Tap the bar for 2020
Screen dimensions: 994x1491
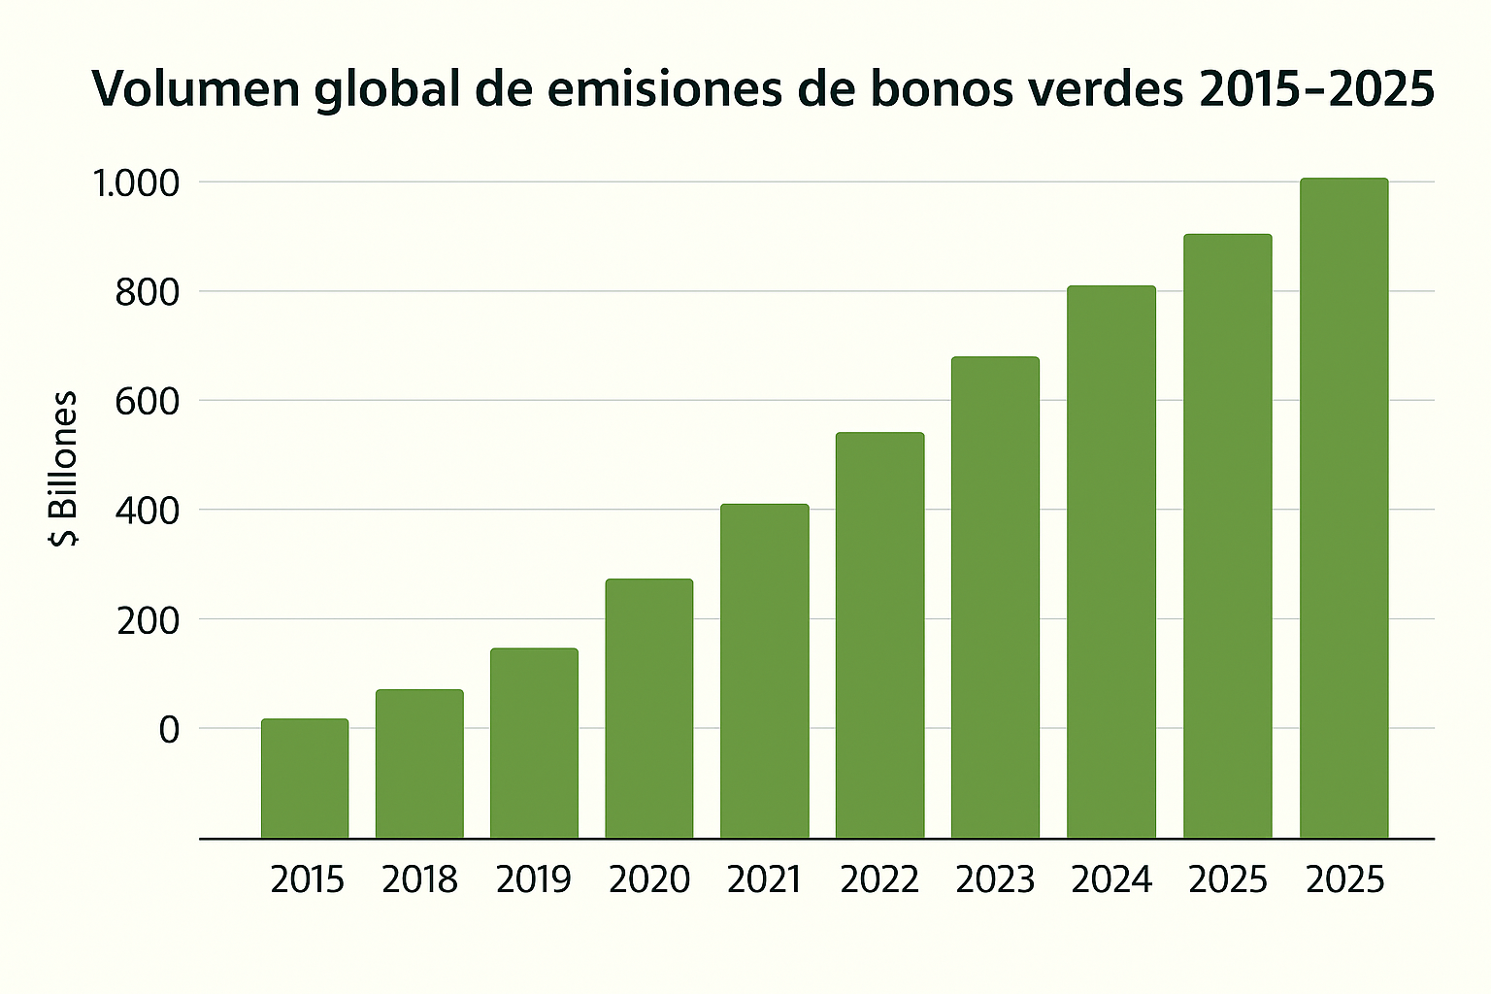click(649, 708)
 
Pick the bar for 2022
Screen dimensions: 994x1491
click(879, 635)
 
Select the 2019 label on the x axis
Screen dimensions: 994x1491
click(534, 879)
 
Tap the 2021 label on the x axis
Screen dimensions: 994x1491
click(764, 879)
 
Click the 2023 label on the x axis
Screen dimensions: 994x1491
click(995, 879)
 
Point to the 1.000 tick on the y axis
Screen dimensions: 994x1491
click(136, 183)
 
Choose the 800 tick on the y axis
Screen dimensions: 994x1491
click(148, 292)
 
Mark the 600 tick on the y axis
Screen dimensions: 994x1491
click(148, 401)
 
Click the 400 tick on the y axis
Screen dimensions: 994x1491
click(148, 511)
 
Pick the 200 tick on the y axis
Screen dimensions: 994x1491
click(148, 620)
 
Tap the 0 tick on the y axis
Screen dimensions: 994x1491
click(170, 729)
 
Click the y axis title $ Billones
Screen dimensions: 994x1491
click(64, 469)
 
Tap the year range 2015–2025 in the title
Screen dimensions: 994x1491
click(1317, 88)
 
